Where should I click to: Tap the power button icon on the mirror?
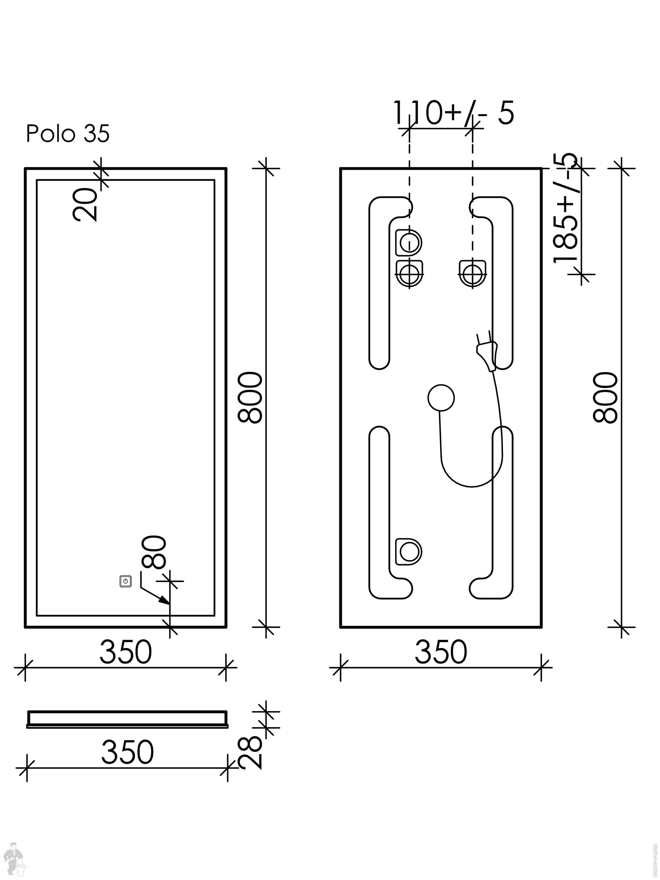(x=125, y=581)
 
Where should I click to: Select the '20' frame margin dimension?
(x=85, y=204)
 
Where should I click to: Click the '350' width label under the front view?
(x=125, y=652)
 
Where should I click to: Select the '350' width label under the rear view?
(x=441, y=652)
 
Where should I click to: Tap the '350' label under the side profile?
(x=127, y=752)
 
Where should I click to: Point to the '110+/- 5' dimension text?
(x=453, y=113)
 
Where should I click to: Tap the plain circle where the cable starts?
(x=441, y=398)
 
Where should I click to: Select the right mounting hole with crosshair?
(x=473, y=274)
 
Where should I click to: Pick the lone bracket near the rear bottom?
(x=409, y=551)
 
